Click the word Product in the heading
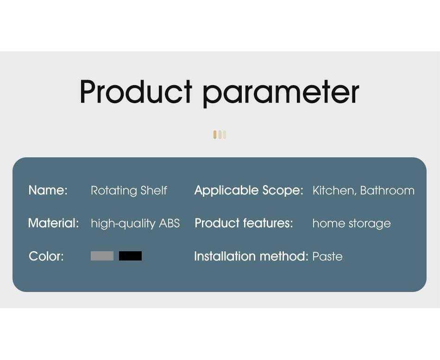point(136,92)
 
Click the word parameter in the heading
point(281,93)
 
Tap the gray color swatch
point(102,256)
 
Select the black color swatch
point(130,256)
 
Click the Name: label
point(48,190)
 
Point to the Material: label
point(53,223)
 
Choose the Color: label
point(46,256)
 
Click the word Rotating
point(114,191)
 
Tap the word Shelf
point(154,190)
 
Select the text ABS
point(170,223)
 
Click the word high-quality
point(123,224)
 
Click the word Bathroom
point(387,191)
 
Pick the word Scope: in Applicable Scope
point(283,191)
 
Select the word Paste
point(327,256)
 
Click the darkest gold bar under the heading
point(215,135)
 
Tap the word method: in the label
point(284,256)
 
